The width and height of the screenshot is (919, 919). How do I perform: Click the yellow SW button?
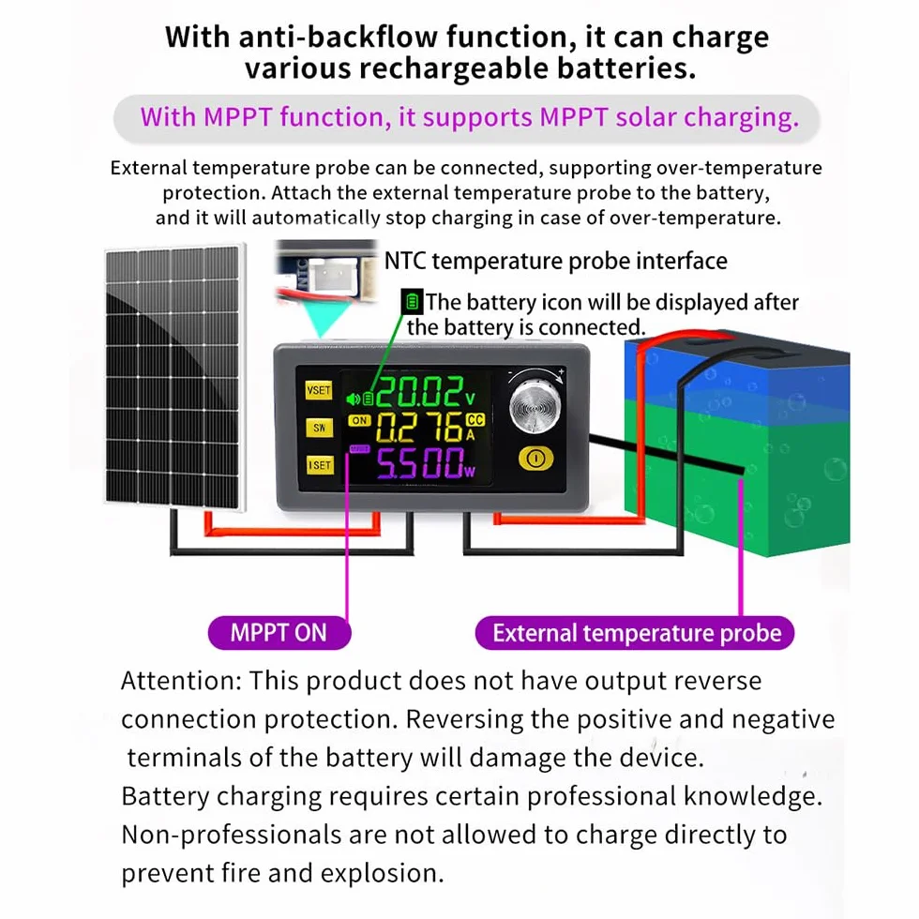pos(319,428)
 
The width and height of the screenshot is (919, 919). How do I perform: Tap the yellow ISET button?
pos(320,465)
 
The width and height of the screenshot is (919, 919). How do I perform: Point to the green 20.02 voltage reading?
pos(419,392)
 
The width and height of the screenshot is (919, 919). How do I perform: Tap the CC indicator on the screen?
pos(475,420)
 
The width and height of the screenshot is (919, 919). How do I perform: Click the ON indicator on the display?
pos(358,420)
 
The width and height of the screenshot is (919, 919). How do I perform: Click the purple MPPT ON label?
pos(279,633)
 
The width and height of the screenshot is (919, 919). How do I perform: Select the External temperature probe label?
pos(635,633)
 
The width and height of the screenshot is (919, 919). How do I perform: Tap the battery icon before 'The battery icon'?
pos(412,302)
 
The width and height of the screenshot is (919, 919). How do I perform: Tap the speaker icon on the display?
pos(353,399)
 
